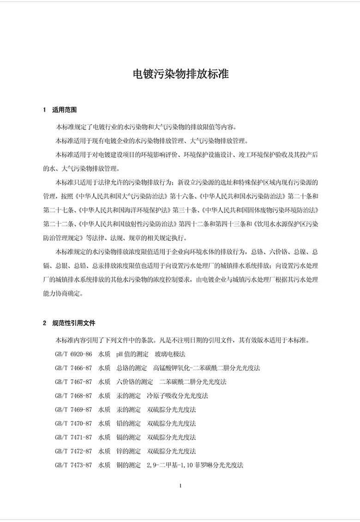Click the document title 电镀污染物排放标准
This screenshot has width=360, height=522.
pyautogui.click(x=180, y=74)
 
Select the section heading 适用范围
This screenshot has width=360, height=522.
pyautogui.click(x=65, y=110)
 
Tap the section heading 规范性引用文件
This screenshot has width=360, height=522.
pyautogui.click(x=74, y=323)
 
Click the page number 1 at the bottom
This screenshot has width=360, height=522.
pyautogui.click(x=180, y=486)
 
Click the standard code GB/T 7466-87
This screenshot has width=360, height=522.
pyautogui.click(x=73, y=368)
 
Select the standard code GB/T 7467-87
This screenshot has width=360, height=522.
pyautogui.click(x=73, y=382)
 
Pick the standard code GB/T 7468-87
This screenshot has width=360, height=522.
pyautogui.click(x=73, y=396)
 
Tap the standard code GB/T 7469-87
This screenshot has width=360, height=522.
pyautogui.click(x=73, y=410)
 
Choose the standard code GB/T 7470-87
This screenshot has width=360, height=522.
pyautogui.click(x=73, y=423)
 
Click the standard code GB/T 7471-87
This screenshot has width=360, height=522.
pyautogui.click(x=73, y=437)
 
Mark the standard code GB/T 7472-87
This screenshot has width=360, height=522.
pyautogui.click(x=73, y=451)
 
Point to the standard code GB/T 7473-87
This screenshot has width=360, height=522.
pyautogui.click(x=73, y=465)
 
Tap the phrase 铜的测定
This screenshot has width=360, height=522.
pyautogui.click(x=129, y=465)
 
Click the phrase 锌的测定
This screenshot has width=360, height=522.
pyautogui.click(x=129, y=451)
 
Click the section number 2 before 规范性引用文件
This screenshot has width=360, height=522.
pyautogui.click(x=45, y=323)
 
